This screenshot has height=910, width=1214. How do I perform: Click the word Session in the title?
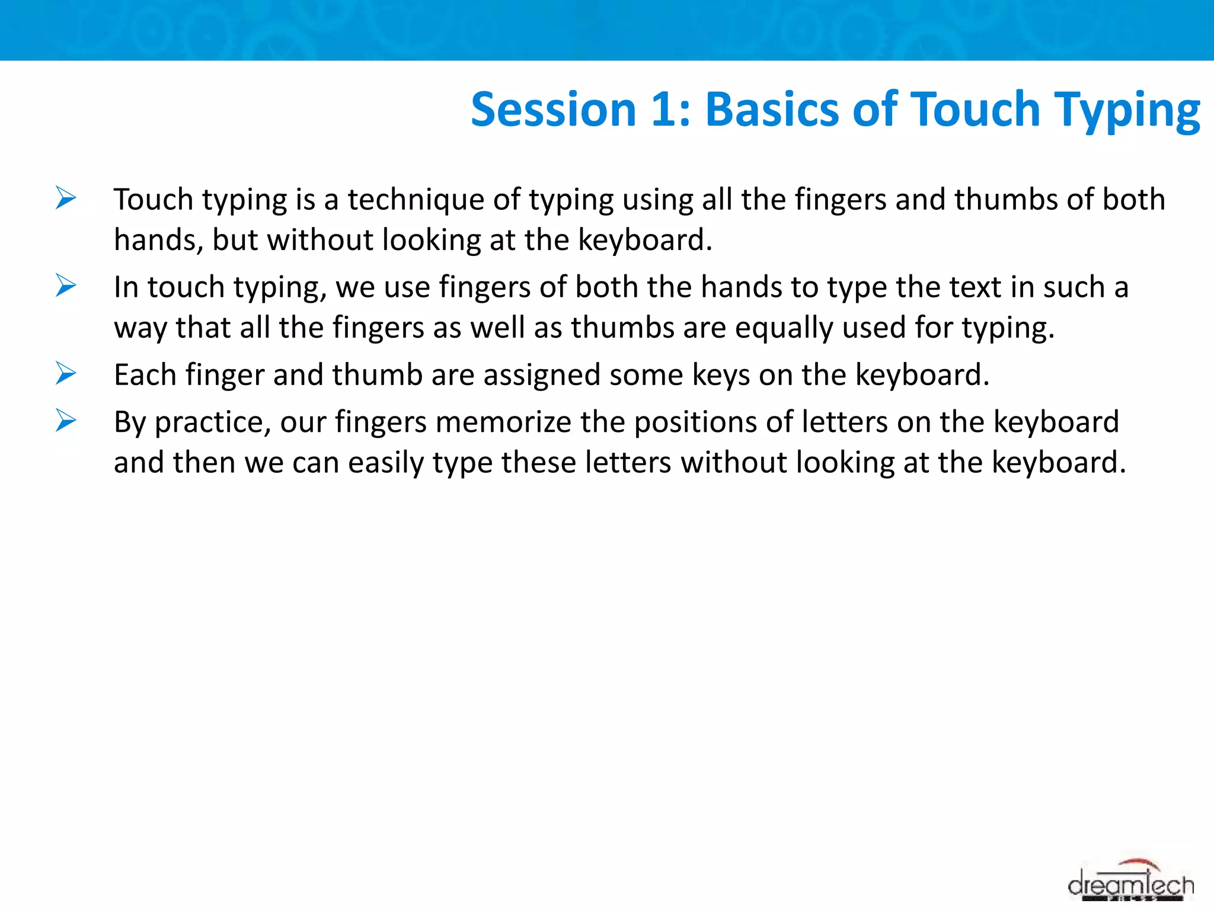pos(553,110)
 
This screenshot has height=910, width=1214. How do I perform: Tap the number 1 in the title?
pos(663,110)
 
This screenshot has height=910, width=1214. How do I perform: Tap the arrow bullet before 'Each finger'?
pos(66,373)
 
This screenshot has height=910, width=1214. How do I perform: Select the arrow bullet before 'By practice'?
pos(66,421)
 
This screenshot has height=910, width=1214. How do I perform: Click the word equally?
pos(784,328)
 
